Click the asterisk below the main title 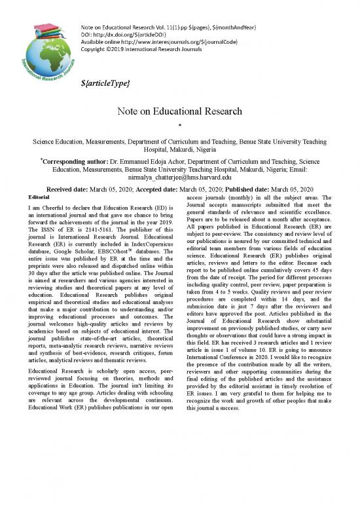180,126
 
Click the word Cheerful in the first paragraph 51,208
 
